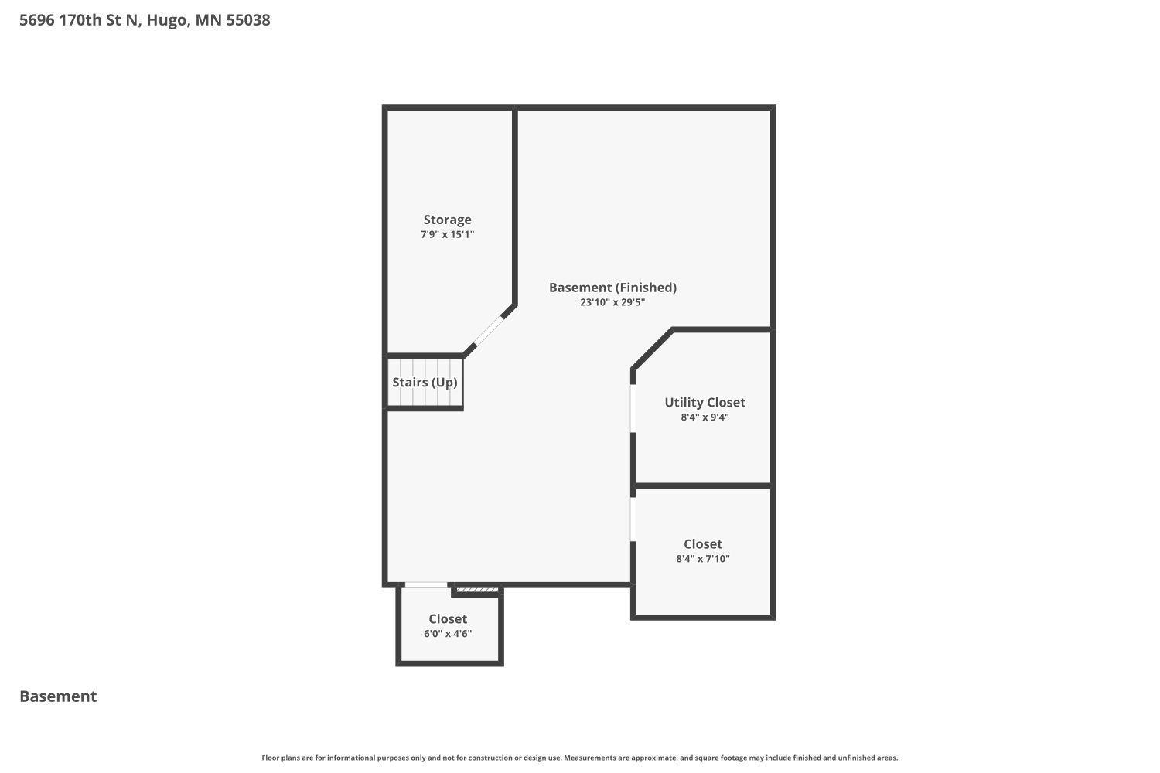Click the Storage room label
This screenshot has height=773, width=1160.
[447, 220]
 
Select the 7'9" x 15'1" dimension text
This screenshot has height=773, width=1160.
[447, 234]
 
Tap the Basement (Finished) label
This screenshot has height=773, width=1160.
[612, 288]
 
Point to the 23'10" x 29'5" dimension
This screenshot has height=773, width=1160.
[612, 302]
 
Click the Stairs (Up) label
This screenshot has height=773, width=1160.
[425, 382]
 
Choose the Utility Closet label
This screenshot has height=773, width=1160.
[705, 402]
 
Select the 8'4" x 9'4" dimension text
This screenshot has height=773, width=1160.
[705, 417]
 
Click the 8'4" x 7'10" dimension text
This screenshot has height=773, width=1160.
[702, 559]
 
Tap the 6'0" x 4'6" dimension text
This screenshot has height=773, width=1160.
[448, 634]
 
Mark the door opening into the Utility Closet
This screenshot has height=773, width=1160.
[633, 408]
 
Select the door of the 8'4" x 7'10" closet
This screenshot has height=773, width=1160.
[633, 519]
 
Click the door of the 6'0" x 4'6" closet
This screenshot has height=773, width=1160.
[425, 585]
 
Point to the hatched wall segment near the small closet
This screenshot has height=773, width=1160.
[477, 591]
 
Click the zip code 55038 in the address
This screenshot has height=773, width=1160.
[248, 20]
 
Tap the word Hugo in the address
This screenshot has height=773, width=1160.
[165, 20]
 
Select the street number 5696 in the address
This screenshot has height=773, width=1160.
[37, 20]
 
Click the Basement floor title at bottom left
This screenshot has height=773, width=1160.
[58, 696]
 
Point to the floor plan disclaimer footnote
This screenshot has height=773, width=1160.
[580, 758]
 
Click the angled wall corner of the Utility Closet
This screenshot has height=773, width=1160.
[652, 349]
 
